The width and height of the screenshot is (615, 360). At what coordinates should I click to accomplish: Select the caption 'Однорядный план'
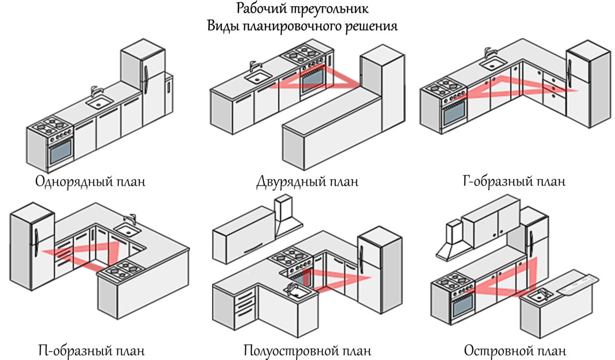(90, 182)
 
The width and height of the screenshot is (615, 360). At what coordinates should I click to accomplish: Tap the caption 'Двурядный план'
(307, 182)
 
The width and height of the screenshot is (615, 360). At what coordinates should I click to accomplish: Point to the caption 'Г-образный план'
(514, 182)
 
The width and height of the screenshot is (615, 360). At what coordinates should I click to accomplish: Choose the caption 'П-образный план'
(91, 351)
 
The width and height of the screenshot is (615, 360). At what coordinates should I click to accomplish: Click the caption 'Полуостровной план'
(307, 351)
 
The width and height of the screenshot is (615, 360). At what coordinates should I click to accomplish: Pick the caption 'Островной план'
(515, 351)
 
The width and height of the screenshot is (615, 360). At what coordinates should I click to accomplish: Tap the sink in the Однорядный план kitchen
(99, 102)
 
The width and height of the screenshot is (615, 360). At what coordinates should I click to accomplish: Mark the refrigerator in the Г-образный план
(589, 84)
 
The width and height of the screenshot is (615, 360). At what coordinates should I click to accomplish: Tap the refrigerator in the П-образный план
(32, 246)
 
